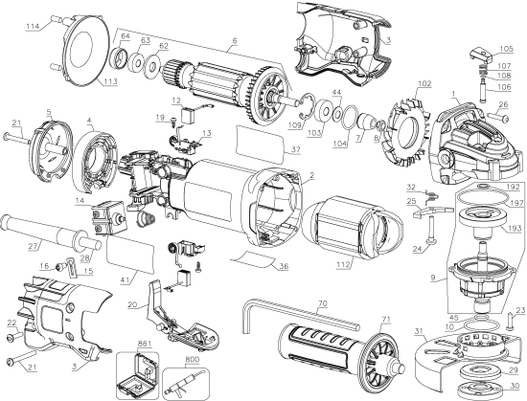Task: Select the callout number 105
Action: [506, 49]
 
